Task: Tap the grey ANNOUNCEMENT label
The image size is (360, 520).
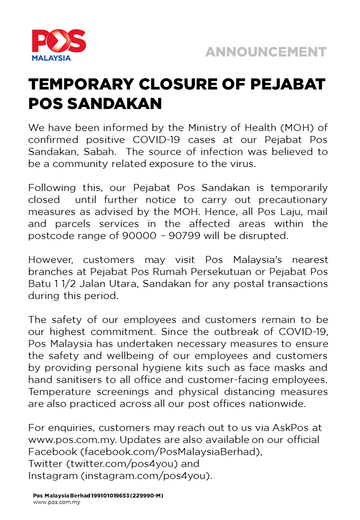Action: (x=265, y=52)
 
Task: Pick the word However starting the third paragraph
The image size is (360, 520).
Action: (x=52, y=259)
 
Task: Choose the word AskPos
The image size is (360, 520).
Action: (x=291, y=427)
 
